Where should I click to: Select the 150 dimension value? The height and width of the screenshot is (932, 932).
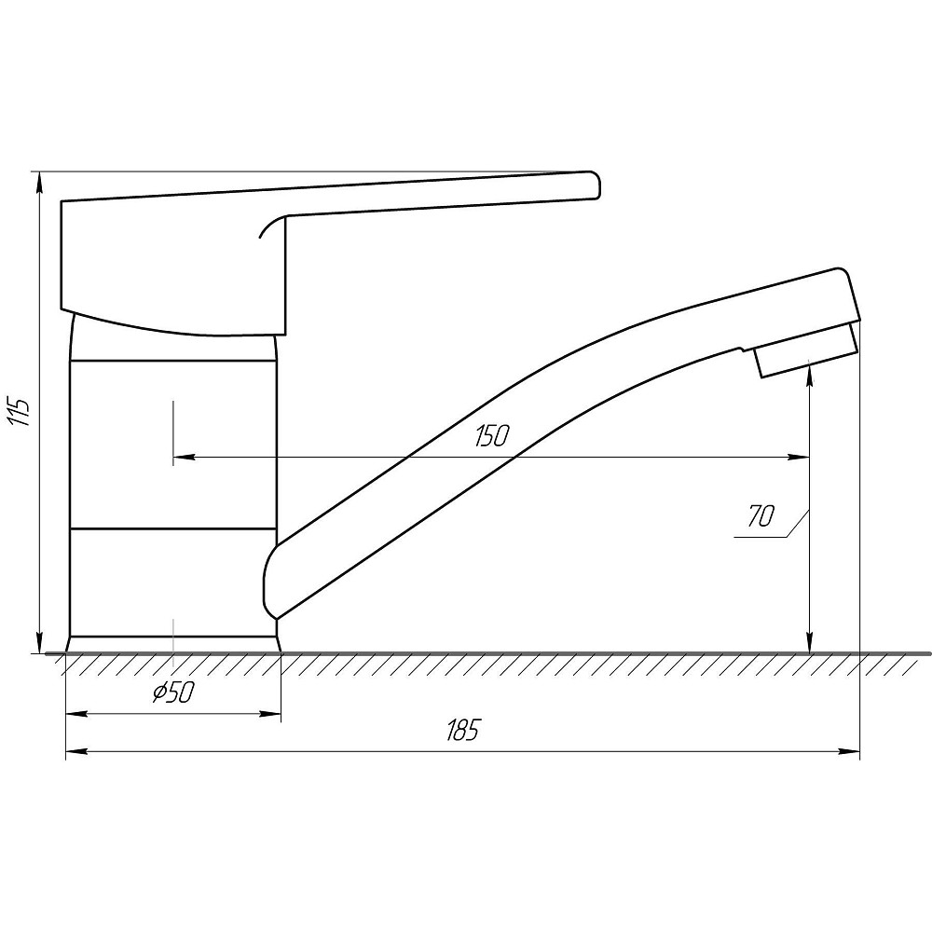[492, 435]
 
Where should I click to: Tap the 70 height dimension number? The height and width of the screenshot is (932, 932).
[761, 516]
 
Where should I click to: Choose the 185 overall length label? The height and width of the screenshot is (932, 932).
[462, 731]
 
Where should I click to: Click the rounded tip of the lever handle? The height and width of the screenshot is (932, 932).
[595, 185]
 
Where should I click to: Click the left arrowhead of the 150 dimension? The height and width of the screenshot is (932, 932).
[183, 457]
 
